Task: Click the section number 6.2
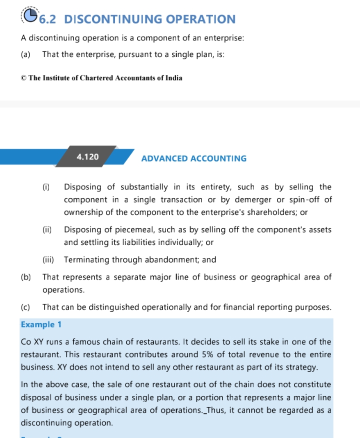[48, 19]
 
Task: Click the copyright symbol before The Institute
[23, 78]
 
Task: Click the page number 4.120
[87, 156]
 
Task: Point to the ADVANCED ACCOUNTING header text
[193, 158]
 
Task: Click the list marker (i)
[46, 187]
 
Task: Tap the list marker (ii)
[47, 230]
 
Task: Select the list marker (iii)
[48, 260]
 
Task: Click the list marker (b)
[25, 277]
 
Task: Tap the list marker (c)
[25, 307]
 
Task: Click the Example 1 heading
[41, 324]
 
